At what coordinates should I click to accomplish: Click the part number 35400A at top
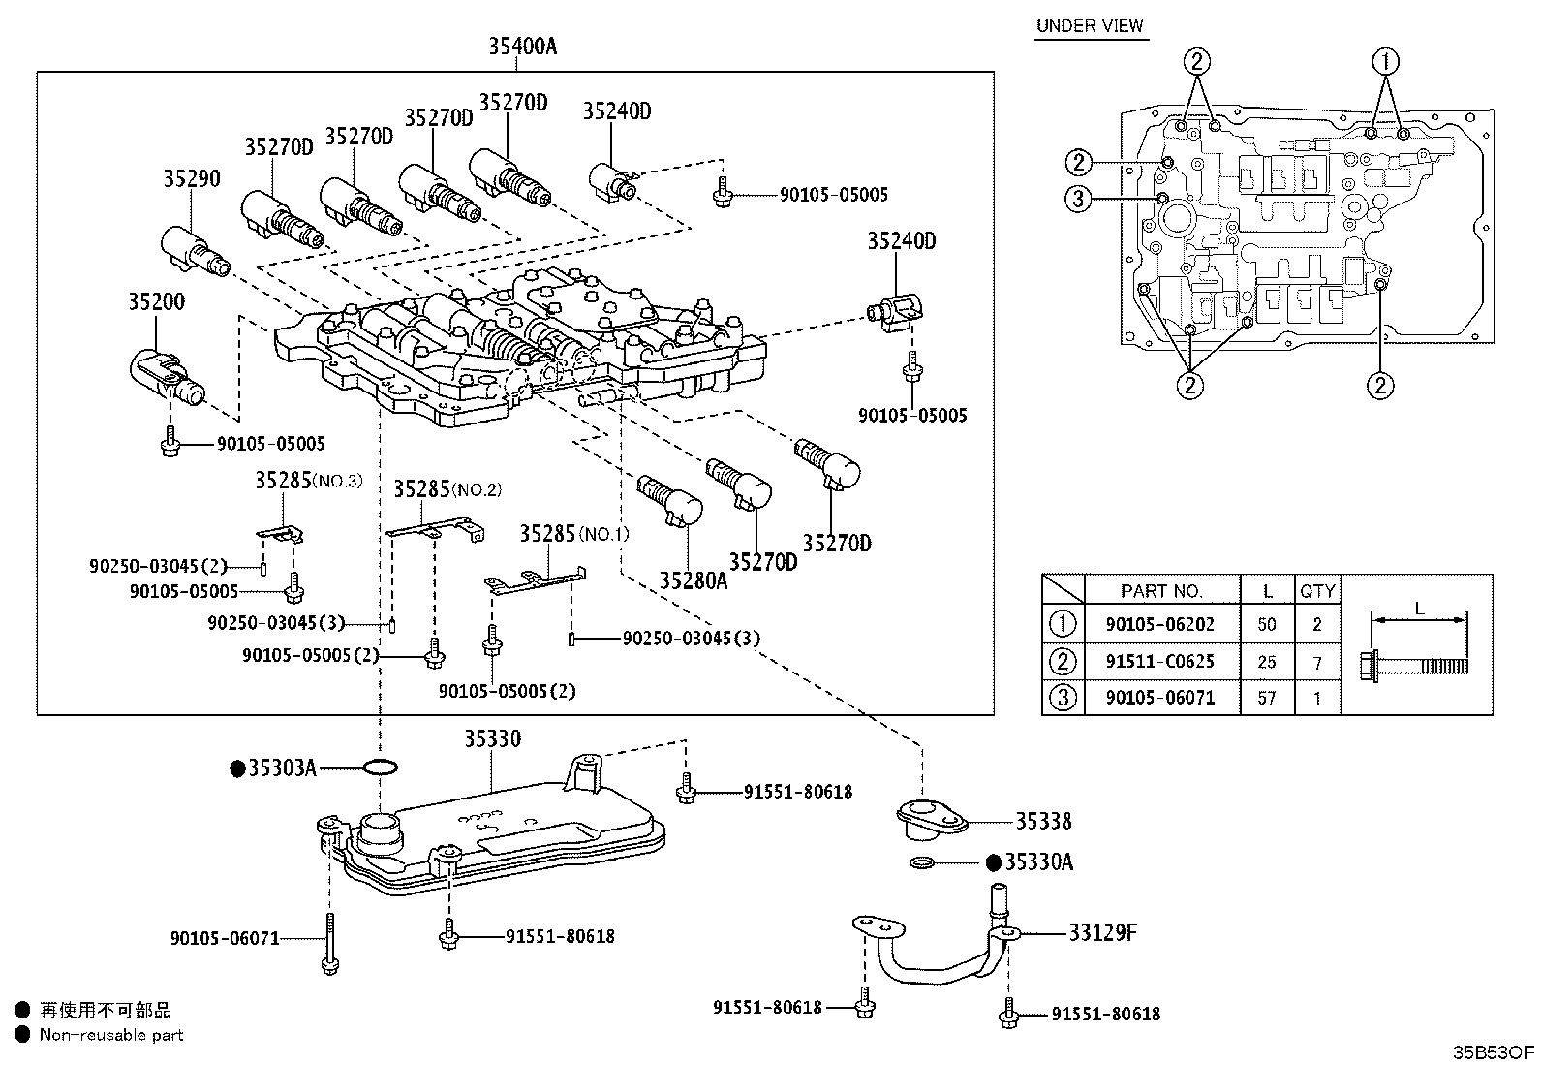coord(522,46)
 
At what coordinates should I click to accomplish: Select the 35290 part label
coord(191,178)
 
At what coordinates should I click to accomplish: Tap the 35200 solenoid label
coord(156,301)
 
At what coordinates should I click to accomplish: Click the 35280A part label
coord(694,580)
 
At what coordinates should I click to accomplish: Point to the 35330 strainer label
coord(491,739)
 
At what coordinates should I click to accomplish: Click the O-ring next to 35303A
coord(379,768)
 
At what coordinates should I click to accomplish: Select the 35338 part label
coord(1043,822)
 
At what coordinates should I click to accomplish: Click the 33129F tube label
coord(1102,932)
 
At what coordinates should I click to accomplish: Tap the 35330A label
coord(1038,862)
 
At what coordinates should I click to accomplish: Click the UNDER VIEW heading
coord(1090,26)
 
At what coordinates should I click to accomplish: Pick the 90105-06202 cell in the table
coord(1159,625)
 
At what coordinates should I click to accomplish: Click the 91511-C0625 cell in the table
coord(1159,662)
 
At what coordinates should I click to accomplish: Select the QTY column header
coord(1316,590)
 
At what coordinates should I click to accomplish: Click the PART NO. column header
coord(1160,590)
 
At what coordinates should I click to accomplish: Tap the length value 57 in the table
coord(1266,698)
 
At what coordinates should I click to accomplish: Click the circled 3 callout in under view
coord(1078,200)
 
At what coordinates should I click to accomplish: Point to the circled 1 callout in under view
coord(1386,61)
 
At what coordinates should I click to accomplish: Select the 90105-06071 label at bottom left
coord(225,938)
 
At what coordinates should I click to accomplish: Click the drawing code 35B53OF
coord(1493,1052)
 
